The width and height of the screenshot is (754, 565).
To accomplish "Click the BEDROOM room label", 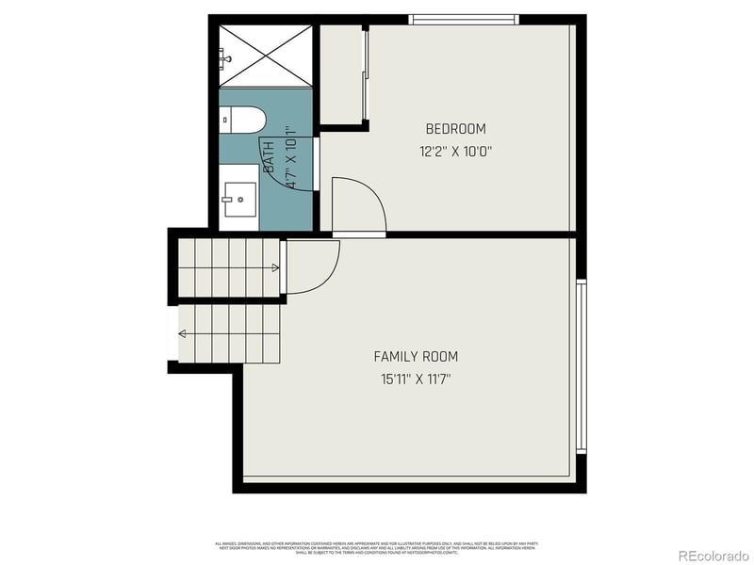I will [x=455, y=129].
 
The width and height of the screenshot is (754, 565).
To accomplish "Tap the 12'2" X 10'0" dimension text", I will [x=455, y=151].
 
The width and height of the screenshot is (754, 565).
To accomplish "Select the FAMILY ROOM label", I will [x=416, y=357].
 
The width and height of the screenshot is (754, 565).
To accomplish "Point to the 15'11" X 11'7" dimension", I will [x=416, y=379].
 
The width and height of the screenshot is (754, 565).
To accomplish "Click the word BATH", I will [x=269, y=154].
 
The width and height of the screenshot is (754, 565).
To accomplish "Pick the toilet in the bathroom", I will [x=243, y=119].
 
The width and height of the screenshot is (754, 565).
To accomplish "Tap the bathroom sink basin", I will [x=239, y=199].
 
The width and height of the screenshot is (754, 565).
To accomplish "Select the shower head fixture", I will [x=225, y=58].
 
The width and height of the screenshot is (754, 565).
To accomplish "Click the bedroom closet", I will [x=341, y=75].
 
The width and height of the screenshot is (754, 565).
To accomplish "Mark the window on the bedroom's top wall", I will [x=464, y=20].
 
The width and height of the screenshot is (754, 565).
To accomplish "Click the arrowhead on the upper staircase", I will [x=275, y=268].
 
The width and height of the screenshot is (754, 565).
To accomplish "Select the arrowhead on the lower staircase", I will [x=181, y=333].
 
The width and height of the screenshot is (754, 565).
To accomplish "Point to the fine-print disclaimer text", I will [x=376, y=547].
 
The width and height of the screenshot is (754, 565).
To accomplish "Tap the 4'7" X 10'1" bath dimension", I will [x=291, y=158].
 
